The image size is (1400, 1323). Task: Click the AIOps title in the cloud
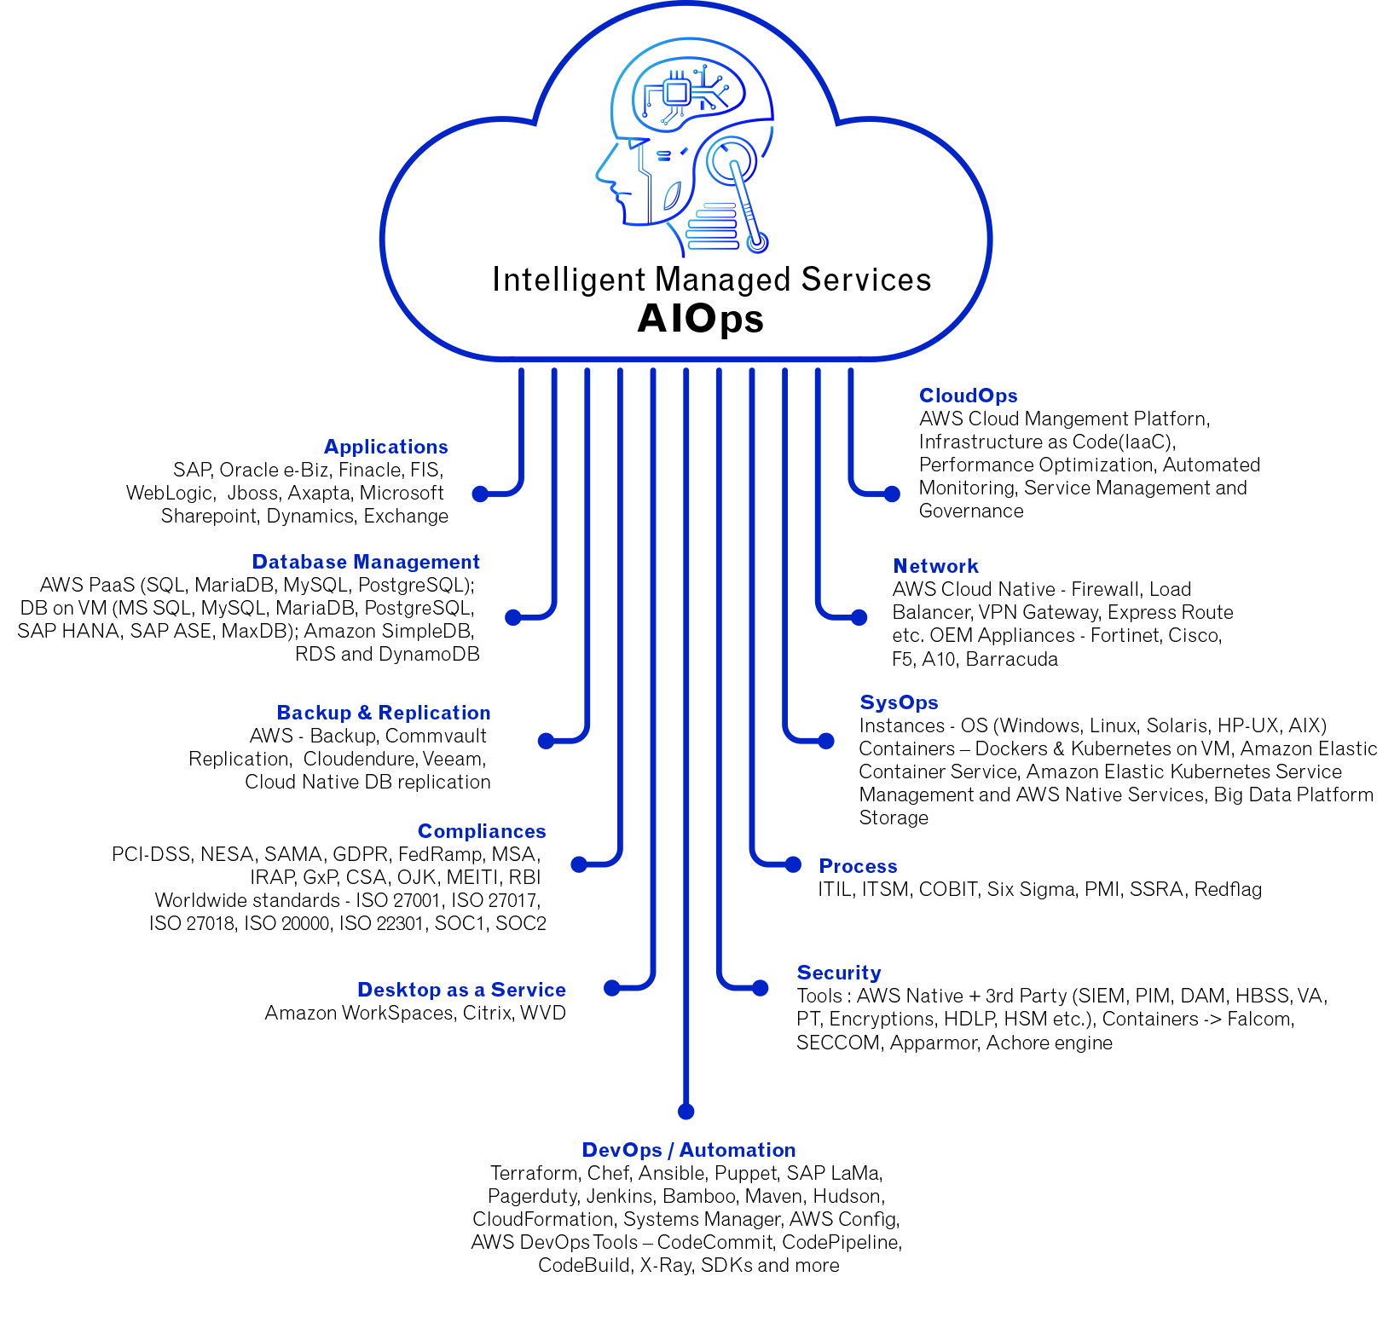[x=700, y=320]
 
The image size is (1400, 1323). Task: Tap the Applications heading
[x=386, y=447]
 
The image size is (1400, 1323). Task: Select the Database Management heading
[x=366, y=562]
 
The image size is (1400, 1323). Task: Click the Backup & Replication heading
[x=384, y=713]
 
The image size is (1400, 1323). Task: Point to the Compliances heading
[x=482, y=831]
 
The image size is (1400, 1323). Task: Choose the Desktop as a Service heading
[x=461, y=990]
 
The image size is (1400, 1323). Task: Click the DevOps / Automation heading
[x=689, y=1150]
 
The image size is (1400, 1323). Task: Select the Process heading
[x=858, y=866]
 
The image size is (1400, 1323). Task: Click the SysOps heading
[x=899, y=702]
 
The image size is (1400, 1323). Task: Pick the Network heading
[x=935, y=566]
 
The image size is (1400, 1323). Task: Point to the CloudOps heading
[x=969, y=396]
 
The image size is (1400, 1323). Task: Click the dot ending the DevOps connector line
[x=686, y=1112]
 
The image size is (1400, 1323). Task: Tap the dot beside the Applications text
[x=480, y=494]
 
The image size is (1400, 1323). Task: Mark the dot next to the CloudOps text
[x=892, y=494]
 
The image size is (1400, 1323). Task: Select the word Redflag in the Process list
[x=1228, y=889]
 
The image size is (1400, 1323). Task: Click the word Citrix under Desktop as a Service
[x=487, y=1013]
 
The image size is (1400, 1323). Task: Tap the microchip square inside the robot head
[x=677, y=92]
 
